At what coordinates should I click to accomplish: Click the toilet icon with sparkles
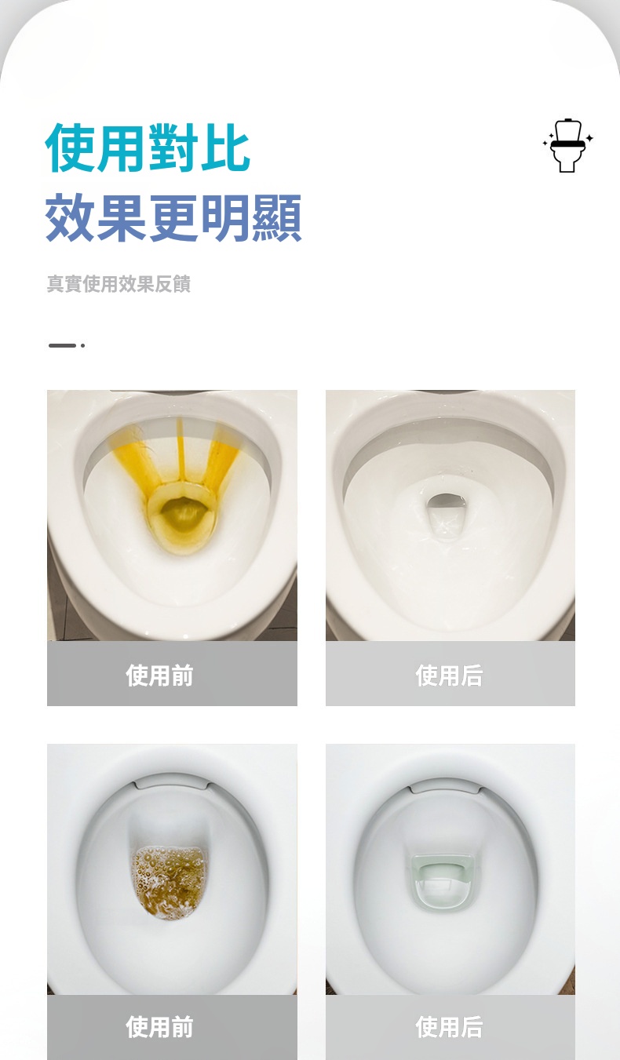pyautogui.click(x=567, y=145)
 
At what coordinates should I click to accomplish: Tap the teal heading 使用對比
pyautogui.click(x=148, y=148)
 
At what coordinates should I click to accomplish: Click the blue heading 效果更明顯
pyautogui.click(x=173, y=217)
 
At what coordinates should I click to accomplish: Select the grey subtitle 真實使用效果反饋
pyautogui.click(x=119, y=284)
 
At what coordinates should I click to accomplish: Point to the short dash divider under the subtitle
pyautogui.click(x=66, y=345)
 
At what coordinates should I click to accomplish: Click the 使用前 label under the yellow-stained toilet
pyautogui.click(x=159, y=676)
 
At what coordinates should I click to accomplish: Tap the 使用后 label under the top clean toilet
pyautogui.click(x=449, y=676)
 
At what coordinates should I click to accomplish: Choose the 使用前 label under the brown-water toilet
pyautogui.click(x=159, y=1027)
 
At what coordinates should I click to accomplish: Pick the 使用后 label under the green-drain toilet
pyautogui.click(x=449, y=1027)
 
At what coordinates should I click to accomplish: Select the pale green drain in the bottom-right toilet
pyautogui.click(x=439, y=883)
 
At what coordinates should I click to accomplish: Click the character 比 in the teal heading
pyautogui.click(x=225, y=148)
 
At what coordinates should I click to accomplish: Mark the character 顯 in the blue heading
pyautogui.click(x=277, y=217)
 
